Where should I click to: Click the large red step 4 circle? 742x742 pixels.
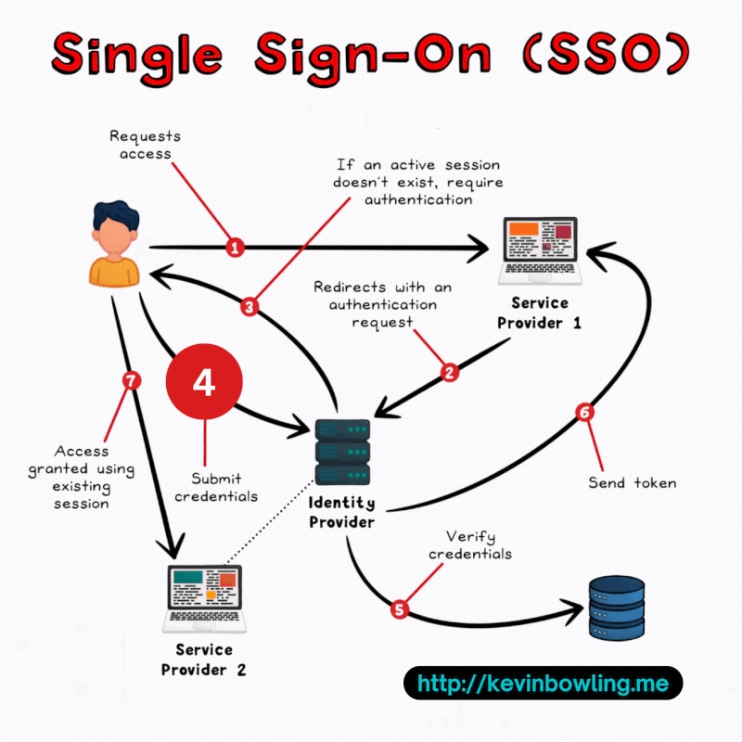(203, 381)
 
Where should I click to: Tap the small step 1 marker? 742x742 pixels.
(236, 248)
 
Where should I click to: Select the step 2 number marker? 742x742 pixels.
(450, 373)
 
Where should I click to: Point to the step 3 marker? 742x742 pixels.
(248, 306)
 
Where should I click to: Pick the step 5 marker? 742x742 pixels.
(400, 609)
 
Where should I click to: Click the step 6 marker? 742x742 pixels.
(584, 413)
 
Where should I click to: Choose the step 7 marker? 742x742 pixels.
(131, 382)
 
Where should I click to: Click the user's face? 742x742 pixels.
(114, 236)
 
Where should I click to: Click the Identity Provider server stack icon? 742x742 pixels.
(342, 451)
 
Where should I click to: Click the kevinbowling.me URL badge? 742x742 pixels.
(543, 684)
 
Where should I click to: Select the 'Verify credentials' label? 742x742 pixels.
(479, 544)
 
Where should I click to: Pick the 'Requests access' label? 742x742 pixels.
(145, 145)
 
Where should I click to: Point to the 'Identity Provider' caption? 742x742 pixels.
(341, 512)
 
